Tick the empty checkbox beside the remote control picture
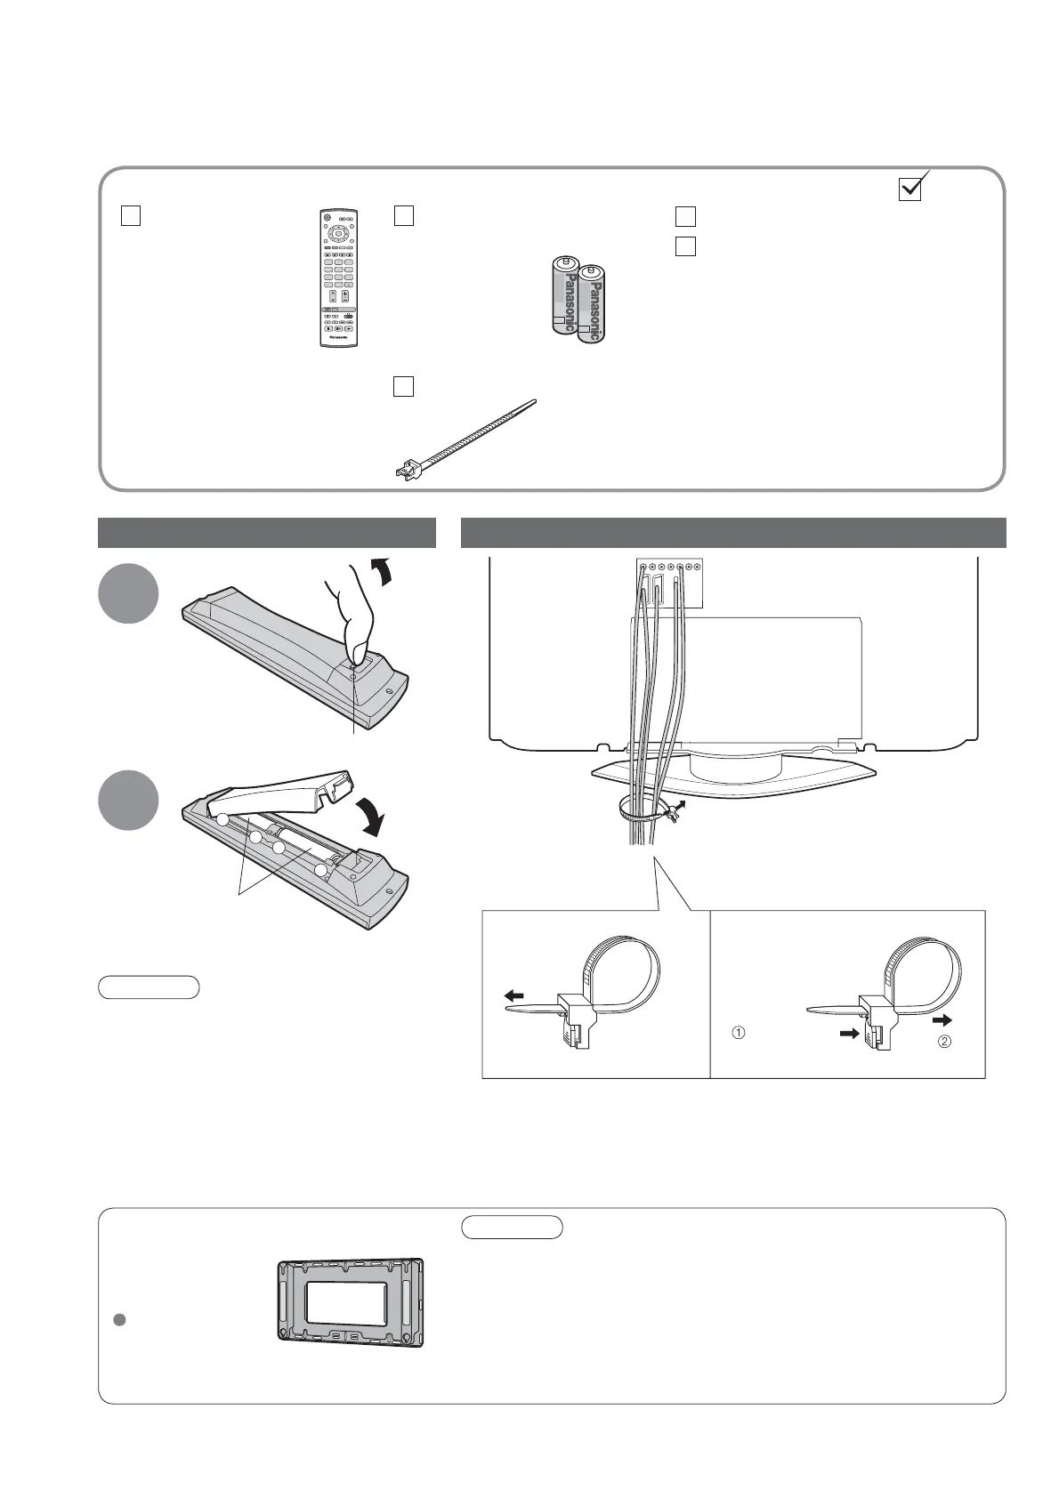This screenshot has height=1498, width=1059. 130,215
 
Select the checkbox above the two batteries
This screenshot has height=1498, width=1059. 403,215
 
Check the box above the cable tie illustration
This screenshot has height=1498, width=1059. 403,386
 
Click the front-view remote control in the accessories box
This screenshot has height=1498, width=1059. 338,278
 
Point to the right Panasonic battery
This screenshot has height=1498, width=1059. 592,302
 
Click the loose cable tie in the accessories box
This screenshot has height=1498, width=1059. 465,440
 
